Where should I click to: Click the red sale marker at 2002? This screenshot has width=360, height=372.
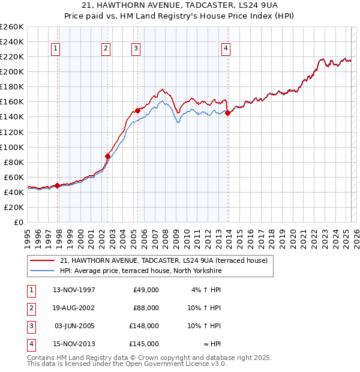click(108, 156)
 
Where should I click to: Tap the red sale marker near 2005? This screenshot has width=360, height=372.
click(137, 110)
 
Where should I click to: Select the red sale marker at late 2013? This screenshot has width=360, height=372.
click(227, 113)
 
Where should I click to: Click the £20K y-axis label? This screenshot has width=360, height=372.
click(13, 207)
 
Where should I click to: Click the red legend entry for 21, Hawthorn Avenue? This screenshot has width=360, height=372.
click(167, 260)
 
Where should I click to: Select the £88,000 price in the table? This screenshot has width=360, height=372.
click(146, 308)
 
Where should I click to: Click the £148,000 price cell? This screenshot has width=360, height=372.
click(144, 326)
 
